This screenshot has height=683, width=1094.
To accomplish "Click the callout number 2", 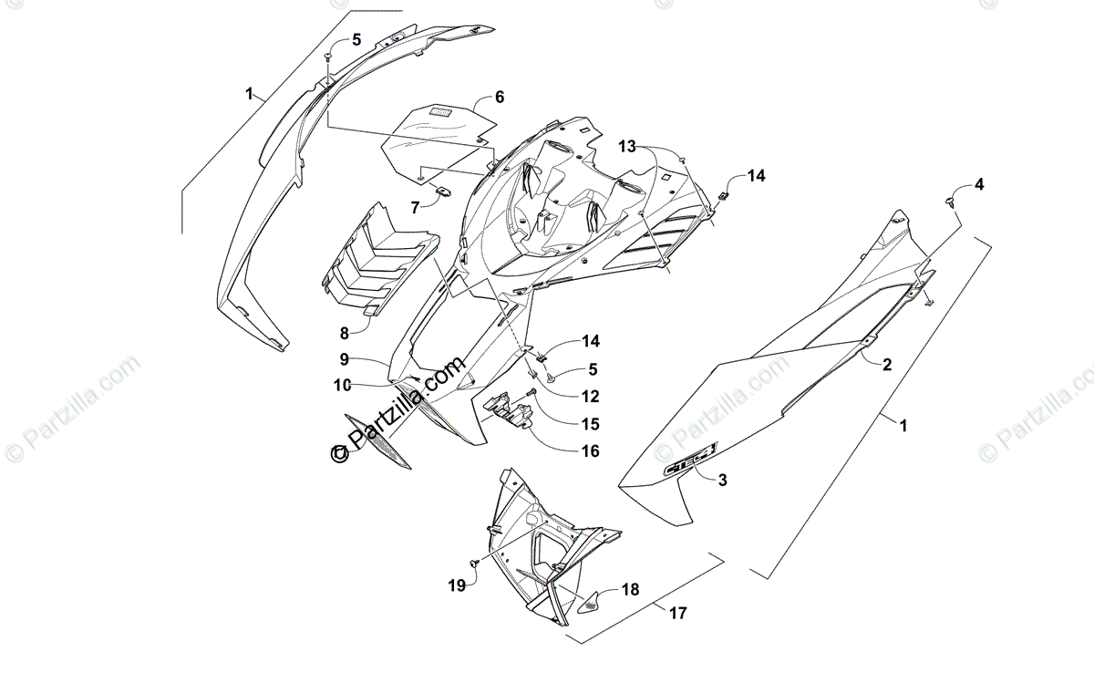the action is click(x=887, y=363).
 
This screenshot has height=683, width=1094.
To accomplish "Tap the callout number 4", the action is click(x=978, y=184).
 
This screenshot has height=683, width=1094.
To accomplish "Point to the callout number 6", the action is click(x=500, y=97).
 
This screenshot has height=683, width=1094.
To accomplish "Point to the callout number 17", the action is click(x=676, y=614).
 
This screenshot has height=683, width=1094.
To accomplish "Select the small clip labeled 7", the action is click(x=443, y=191).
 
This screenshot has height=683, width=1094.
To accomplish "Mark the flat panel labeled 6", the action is click(x=438, y=137).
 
